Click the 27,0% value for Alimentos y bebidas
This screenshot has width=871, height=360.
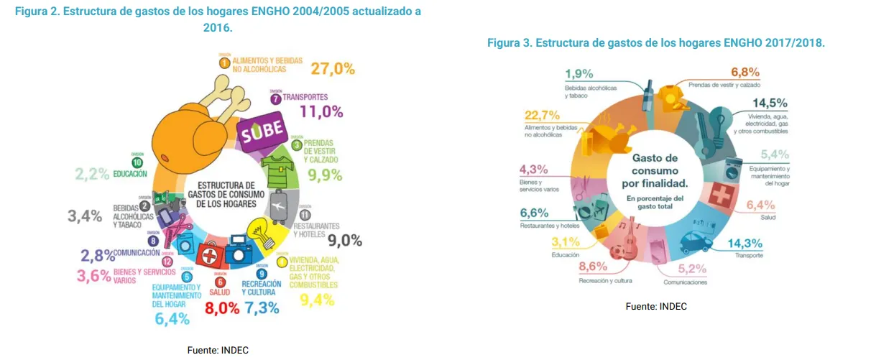(x=333, y=69)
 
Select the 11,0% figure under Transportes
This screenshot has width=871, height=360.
(x=321, y=111)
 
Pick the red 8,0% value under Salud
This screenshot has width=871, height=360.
(x=222, y=309)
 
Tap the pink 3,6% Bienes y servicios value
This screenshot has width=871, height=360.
(x=93, y=275)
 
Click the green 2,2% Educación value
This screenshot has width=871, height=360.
(x=93, y=173)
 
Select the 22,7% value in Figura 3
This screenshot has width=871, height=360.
(x=542, y=116)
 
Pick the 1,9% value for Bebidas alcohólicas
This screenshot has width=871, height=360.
(x=579, y=73)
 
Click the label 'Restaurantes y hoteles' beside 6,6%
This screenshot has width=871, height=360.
(x=550, y=226)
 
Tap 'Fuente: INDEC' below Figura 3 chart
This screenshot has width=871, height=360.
(x=656, y=306)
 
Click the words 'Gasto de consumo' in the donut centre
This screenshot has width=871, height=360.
(x=655, y=165)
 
